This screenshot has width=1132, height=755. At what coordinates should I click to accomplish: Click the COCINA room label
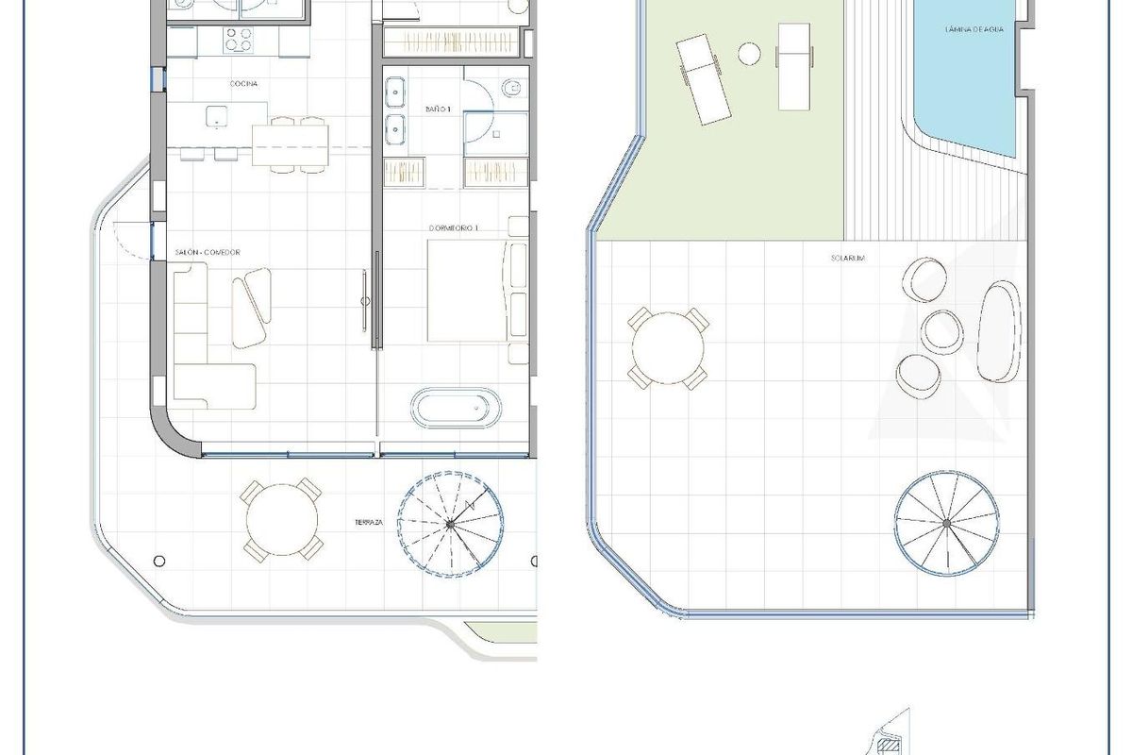pos(243,84)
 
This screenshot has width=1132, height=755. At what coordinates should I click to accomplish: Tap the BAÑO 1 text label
pos(438,110)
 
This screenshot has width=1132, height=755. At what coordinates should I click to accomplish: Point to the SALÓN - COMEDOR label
pos(208,253)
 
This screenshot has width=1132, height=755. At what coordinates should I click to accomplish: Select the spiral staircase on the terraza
pos(449,523)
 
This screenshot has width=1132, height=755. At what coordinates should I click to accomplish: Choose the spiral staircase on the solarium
pos(946,523)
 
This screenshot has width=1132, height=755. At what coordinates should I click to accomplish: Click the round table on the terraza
pos(281,518)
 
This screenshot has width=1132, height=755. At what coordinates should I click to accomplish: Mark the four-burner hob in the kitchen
pos(238,41)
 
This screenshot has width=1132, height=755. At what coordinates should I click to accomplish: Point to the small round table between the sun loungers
pos(749,53)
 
